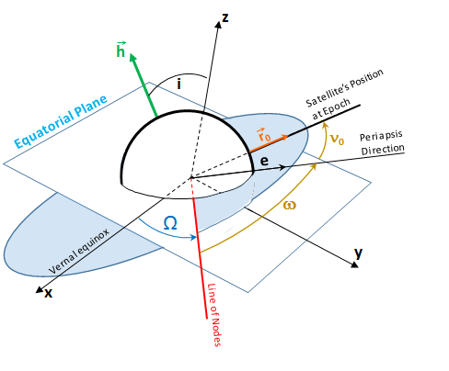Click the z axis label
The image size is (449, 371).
(x=224, y=16)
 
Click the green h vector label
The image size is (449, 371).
(x=121, y=48)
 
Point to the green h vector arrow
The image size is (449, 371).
(x=144, y=86)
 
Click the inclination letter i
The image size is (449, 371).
(x=178, y=84)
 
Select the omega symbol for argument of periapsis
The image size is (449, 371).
(x=290, y=204)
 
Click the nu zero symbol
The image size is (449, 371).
(x=338, y=141)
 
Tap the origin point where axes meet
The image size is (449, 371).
(x=191, y=176)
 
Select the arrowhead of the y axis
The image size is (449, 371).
(x=352, y=264)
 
